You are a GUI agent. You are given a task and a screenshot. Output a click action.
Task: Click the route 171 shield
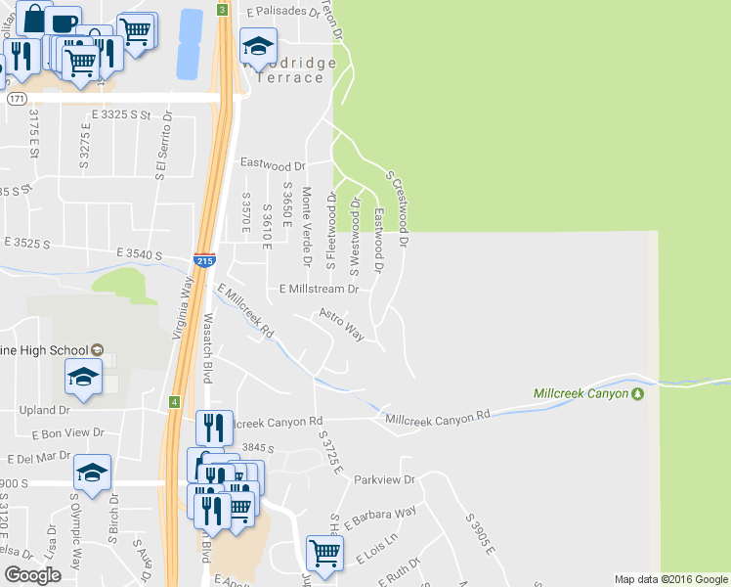click(x=16, y=99)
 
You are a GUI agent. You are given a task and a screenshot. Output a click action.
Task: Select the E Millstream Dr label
click(x=320, y=290)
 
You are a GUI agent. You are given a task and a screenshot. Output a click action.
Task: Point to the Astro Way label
click(x=342, y=326)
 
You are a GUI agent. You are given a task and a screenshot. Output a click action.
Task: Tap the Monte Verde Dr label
click(x=306, y=227)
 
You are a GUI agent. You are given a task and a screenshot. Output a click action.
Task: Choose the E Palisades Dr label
click(x=283, y=13)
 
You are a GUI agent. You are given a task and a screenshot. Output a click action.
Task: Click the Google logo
click(x=32, y=575)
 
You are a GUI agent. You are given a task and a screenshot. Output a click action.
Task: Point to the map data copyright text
click(x=670, y=579)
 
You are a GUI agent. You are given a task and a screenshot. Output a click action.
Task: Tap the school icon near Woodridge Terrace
click(x=258, y=46)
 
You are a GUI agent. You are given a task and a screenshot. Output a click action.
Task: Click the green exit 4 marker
click(x=174, y=401)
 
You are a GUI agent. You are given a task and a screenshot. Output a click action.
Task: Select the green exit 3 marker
click(x=223, y=10)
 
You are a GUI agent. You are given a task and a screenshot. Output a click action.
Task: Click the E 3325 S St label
click(x=122, y=115)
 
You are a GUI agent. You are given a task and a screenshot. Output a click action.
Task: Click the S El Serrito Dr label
click(x=160, y=146)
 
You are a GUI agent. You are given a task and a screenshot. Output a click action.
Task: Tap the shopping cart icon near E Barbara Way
click(x=324, y=552)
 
